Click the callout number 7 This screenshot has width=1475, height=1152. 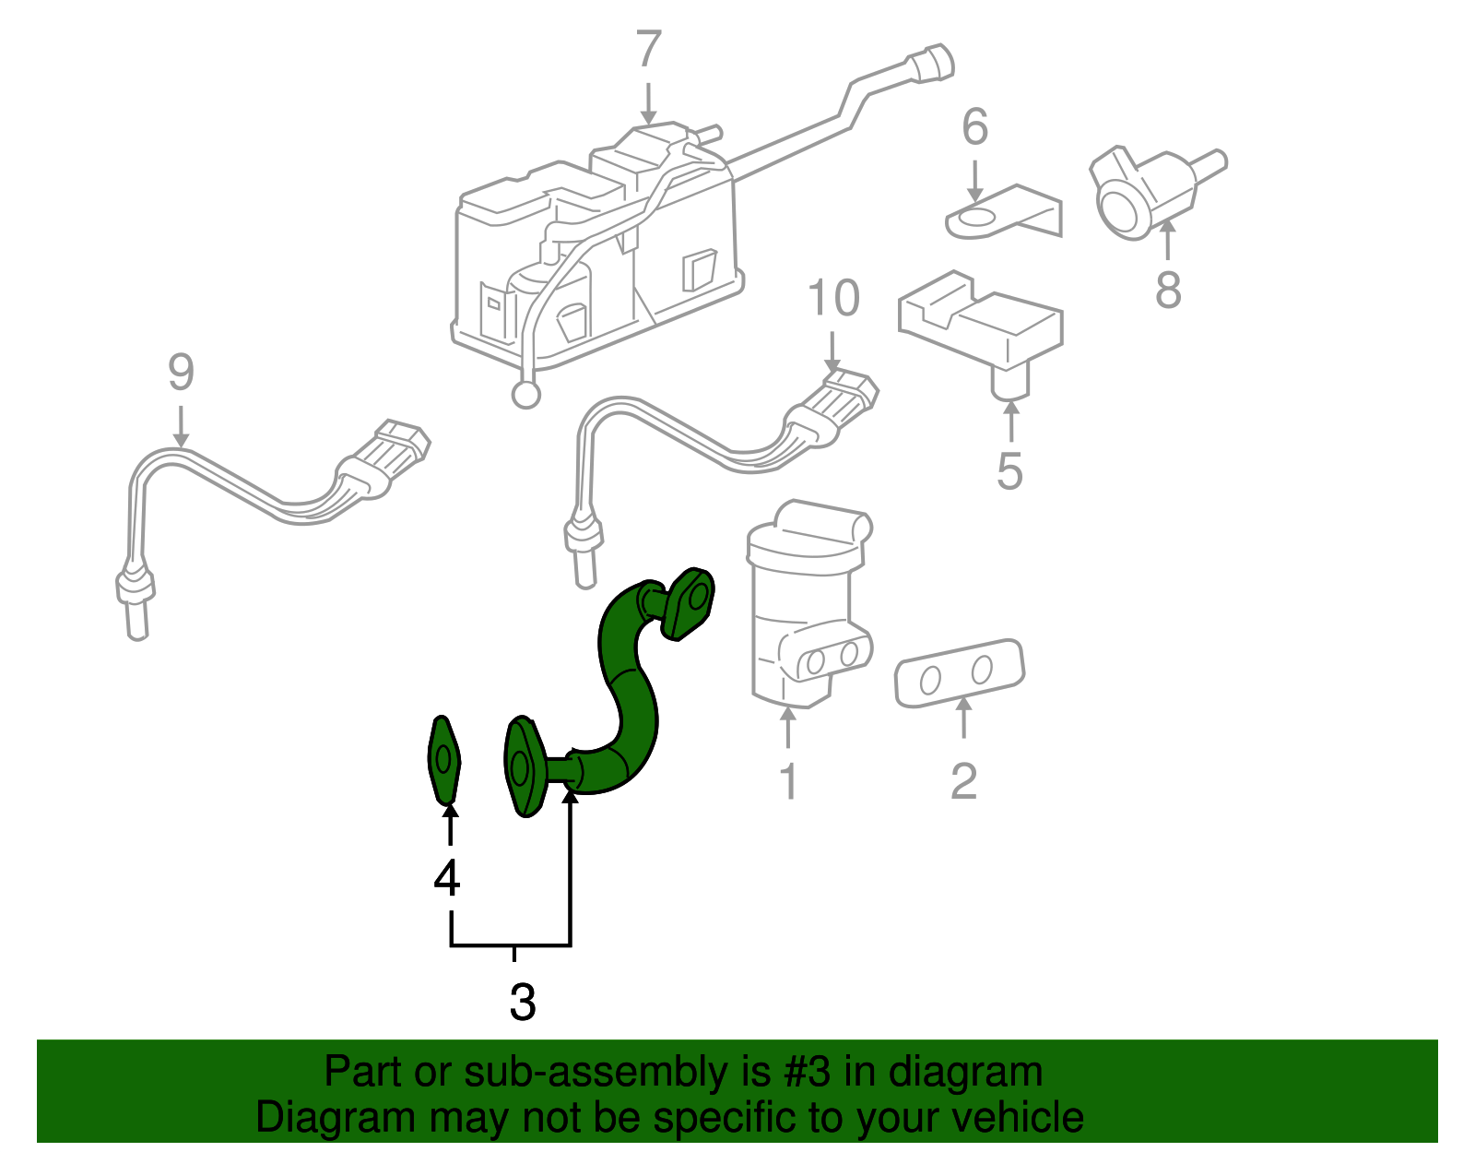(649, 50)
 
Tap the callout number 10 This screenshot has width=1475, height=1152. (833, 300)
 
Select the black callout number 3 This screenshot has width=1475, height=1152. (522, 1002)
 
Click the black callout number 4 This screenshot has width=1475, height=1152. (447, 879)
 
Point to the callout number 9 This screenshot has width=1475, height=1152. (181, 374)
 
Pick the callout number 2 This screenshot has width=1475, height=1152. (963, 781)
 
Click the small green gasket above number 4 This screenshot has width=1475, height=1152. (445, 759)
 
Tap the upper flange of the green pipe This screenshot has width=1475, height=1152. (689, 603)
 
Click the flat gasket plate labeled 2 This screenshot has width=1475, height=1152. (959, 673)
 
